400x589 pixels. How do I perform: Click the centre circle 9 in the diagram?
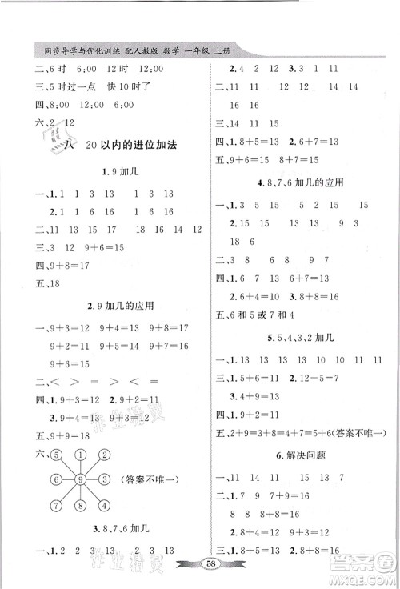point(80,480)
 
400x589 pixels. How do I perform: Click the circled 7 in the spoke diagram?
point(57,504)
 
